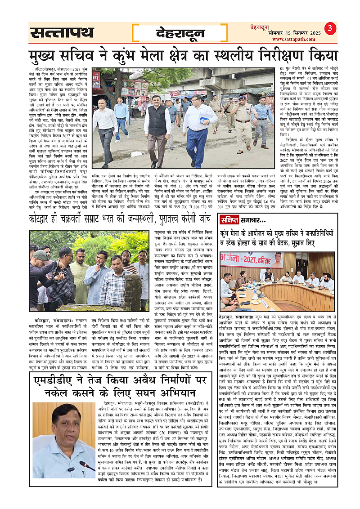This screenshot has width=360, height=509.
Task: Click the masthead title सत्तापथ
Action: (62, 33)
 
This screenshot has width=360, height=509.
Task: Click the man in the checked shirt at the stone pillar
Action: (115, 279)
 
